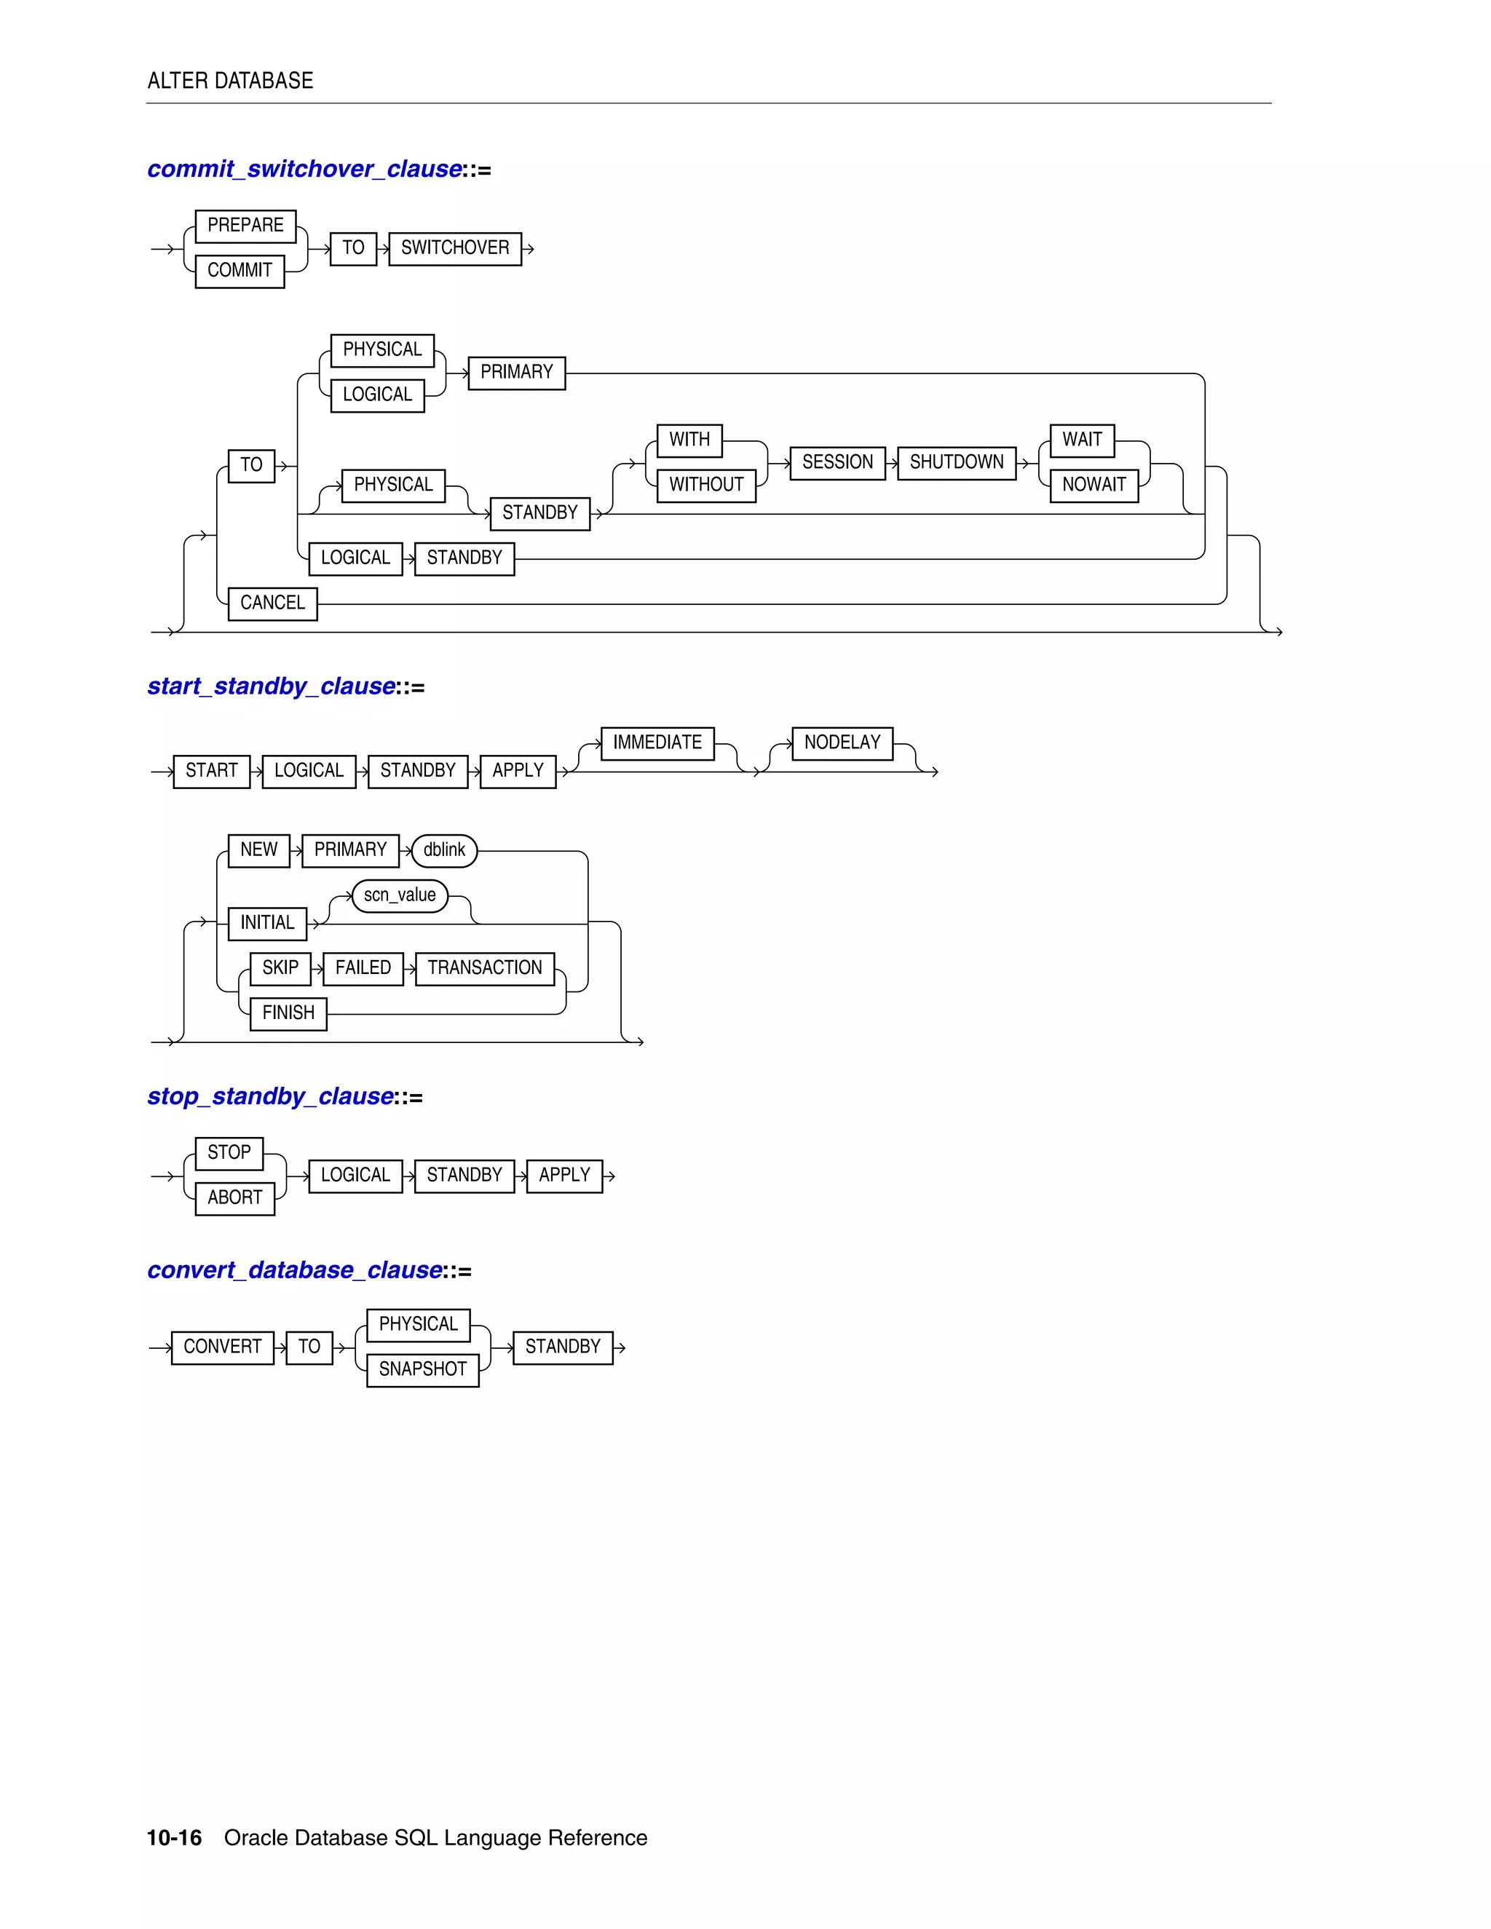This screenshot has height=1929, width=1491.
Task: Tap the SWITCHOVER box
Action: coord(455,248)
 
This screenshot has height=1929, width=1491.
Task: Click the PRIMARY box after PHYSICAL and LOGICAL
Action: coord(517,373)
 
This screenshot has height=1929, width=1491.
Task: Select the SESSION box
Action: coord(837,463)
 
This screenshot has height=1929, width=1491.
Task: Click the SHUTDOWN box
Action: coord(957,463)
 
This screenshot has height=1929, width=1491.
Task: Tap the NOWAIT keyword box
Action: coord(1093,485)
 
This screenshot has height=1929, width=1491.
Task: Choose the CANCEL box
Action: coord(272,603)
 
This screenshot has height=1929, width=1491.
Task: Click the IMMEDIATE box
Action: coord(657,742)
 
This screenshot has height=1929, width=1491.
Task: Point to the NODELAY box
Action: coord(842,742)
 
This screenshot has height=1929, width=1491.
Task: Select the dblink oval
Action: coord(444,850)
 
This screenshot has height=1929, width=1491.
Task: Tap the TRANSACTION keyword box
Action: coord(485,968)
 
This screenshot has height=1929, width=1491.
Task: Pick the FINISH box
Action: coord(288,1013)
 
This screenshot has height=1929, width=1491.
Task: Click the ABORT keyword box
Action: coord(235,1199)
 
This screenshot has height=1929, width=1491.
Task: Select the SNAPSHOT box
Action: coord(422,1370)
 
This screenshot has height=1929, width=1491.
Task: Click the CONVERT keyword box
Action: coord(223,1348)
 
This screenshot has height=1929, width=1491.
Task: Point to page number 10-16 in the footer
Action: coord(174,1838)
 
